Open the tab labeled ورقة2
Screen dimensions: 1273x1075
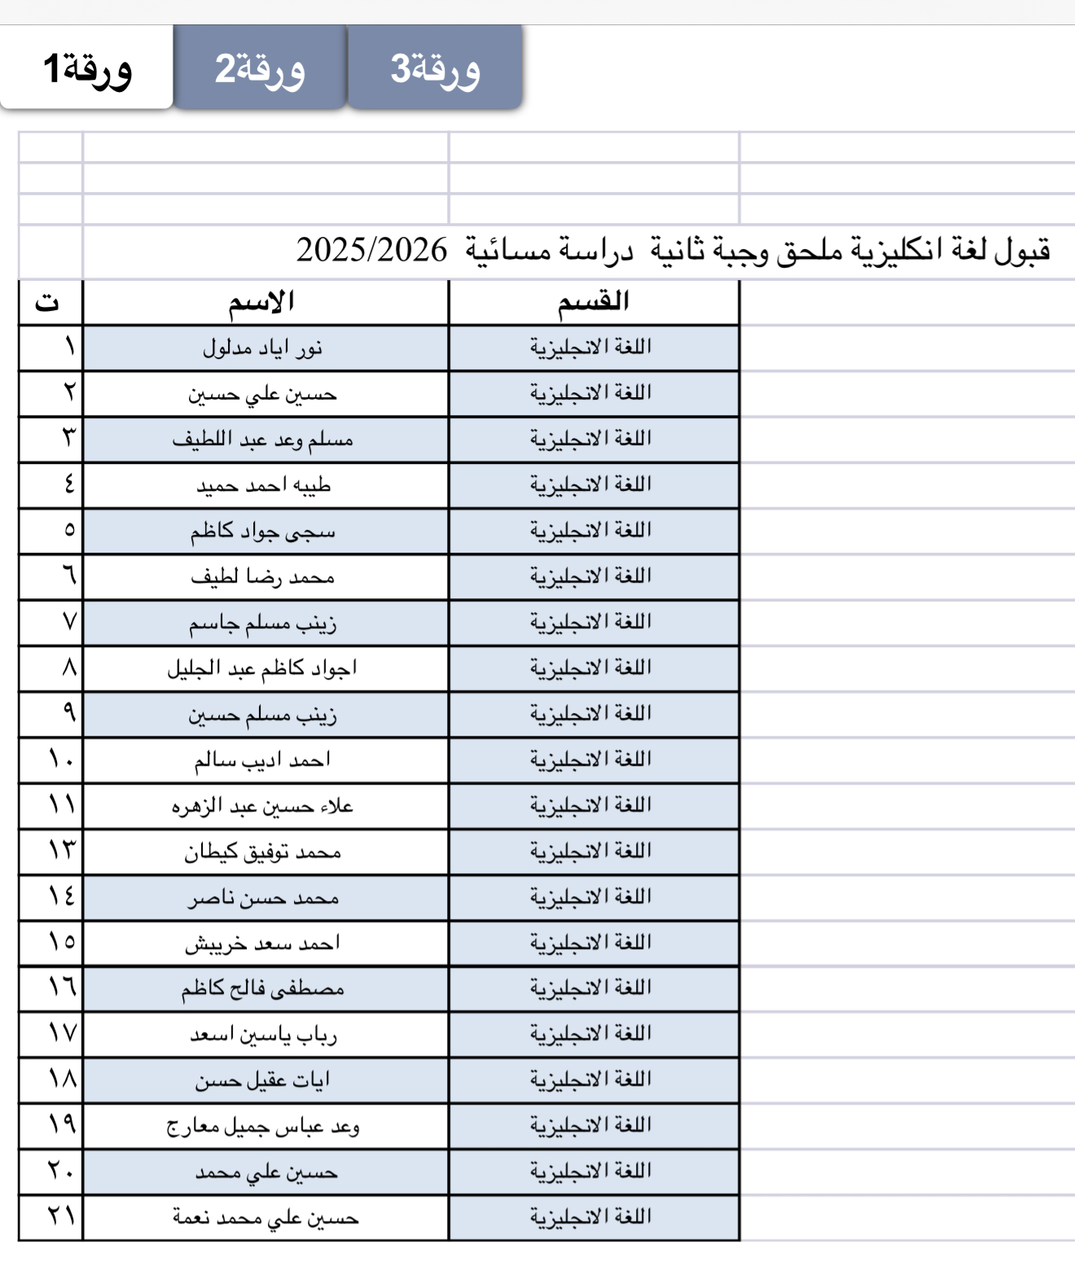[260, 68]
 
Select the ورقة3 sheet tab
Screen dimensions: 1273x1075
[435, 68]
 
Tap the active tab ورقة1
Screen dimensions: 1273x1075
[87, 68]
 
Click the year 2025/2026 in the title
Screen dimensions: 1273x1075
[371, 250]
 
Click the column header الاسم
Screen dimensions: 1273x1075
[261, 303]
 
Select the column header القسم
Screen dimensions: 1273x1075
[593, 302]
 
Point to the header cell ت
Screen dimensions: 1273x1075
[47, 303]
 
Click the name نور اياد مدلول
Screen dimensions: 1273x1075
[262, 348]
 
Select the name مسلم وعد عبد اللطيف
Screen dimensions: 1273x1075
[262, 440]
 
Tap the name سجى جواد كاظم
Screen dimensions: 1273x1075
[262, 532]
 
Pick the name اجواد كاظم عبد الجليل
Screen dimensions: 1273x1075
[262, 669]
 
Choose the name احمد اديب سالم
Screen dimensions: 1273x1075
[262, 760]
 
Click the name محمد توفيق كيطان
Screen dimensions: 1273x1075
[262, 852]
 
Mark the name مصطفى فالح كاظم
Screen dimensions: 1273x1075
[262, 989]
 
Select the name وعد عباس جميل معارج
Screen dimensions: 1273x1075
[262, 1126]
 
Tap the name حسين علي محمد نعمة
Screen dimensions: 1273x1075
[265, 1218]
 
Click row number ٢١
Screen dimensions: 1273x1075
[61, 1217]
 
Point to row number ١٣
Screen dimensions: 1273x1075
[61, 851]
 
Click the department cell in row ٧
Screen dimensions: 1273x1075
[591, 623]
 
